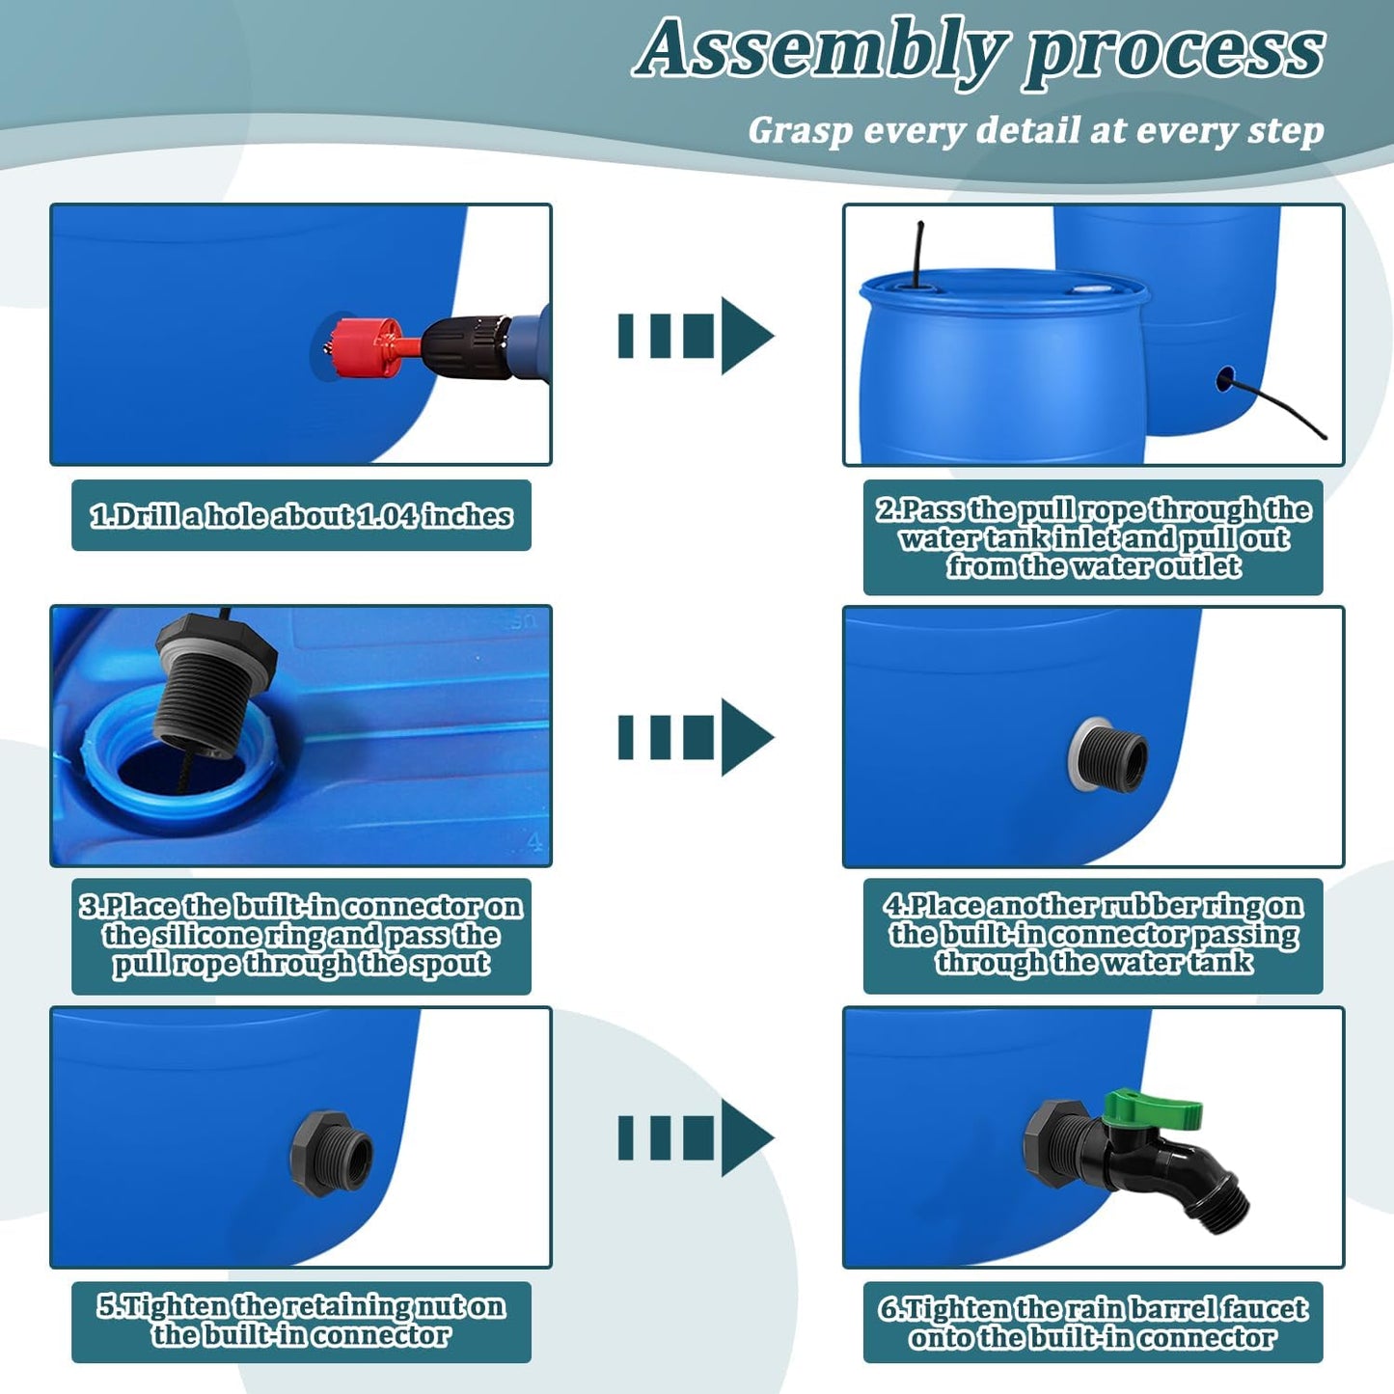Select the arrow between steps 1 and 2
tap(696, 336)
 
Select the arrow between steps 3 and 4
tap(696, 737)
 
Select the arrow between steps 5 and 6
tap(696, 1138)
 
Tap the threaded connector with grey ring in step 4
tap(1109, 755)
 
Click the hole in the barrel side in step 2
tap(1225, 378)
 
